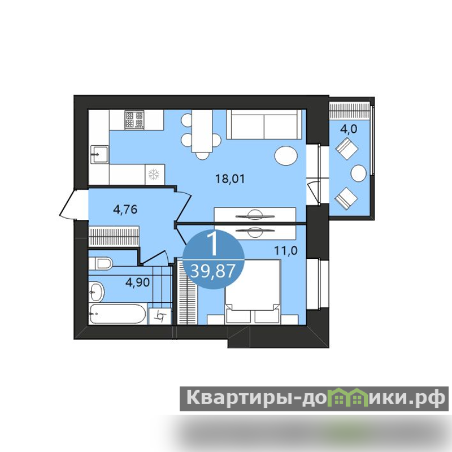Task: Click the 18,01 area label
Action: click(230, 179)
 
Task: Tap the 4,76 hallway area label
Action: click(125, 209)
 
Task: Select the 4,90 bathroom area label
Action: click(137, 282)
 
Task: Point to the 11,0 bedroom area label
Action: click(286, 251)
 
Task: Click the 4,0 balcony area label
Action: click(349, 129)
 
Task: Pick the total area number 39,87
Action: click(213, 271)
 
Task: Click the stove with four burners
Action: click(134, 120)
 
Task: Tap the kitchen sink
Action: click(99, 154)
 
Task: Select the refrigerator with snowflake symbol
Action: click(154, 175)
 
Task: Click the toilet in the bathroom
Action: click(101, 263)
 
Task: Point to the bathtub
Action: click(118, 314)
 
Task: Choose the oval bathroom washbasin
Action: click(96, 292)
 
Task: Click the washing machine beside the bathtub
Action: click(160, 316)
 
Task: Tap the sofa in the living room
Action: click(264, 124)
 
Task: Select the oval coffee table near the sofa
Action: click(286, 156)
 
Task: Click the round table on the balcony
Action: click(359, 173)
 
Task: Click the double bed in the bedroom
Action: click(253, 291)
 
